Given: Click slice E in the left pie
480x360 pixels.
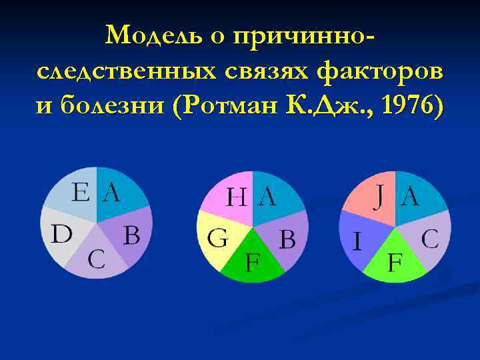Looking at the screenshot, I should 74,193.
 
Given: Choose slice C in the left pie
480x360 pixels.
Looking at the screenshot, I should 97,259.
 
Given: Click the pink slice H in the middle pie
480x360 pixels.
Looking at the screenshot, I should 230,197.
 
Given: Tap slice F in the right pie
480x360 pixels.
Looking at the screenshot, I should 396,260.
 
